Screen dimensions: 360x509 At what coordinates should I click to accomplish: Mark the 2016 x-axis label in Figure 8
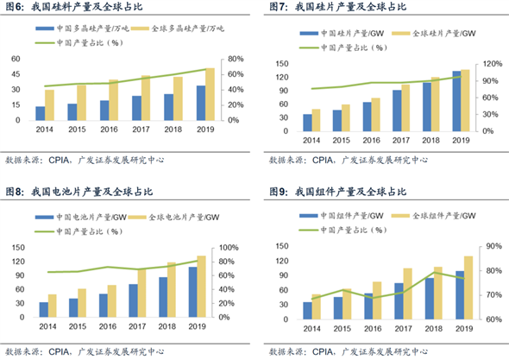(109, 328)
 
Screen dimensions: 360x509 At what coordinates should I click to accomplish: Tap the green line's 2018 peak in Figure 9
(437, 271)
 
